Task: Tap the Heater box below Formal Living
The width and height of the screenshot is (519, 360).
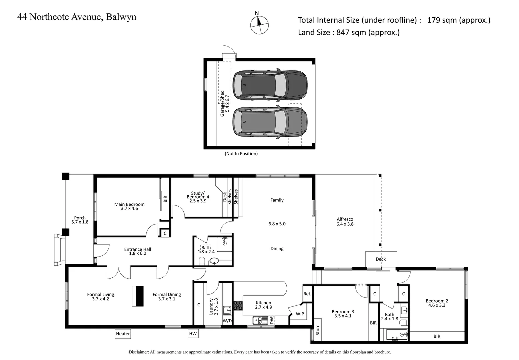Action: [x=123, y=334]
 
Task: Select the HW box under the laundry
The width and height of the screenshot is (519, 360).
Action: [x=193, y=334]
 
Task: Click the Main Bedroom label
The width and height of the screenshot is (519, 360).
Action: [x=129, y=204]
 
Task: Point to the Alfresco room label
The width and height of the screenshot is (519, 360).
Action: [x=345, y=219]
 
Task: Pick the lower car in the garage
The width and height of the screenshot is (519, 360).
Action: [x=270, y=122]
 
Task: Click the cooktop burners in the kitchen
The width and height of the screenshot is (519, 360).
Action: [x=238, y=306]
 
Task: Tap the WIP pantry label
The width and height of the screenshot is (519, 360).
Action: [x=300, y=314]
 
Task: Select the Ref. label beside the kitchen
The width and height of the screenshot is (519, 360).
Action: [x=307, y=294]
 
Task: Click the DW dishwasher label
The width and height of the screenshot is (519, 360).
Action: [x=272, y=321]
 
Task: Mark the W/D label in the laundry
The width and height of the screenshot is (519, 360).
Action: [x=227, y=321]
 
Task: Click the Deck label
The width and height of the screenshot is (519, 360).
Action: [x=381, y=259]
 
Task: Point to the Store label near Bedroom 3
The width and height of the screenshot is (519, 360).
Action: [x=318, y=330]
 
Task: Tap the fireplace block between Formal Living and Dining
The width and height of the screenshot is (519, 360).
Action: [x=138, y=296]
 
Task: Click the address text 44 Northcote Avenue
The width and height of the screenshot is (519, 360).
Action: [x=77, y=17]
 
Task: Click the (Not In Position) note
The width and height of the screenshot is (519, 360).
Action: [x=241, y=154]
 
